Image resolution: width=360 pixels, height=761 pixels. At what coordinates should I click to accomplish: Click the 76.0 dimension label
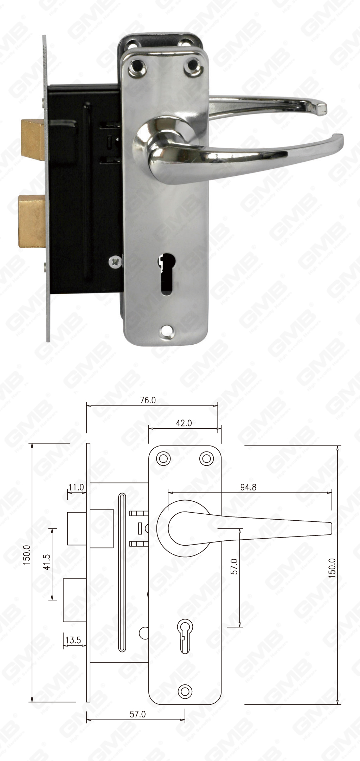click(x=148, y=400)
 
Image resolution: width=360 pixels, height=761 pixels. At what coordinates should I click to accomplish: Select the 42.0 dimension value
click(x=184, y=423)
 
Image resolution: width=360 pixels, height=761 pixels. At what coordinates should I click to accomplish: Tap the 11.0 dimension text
click(x=76, y=487)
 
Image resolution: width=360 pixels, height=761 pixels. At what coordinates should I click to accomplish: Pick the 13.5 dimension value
click(x=73, y=640)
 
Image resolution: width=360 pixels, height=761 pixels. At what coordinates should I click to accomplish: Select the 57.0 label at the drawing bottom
click(x=137, y=714)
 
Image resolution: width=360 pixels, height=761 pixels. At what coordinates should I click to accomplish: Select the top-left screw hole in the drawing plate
click(x=163, y=458)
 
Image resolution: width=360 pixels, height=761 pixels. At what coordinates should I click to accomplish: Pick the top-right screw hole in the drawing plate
click(x=206, y=458)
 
